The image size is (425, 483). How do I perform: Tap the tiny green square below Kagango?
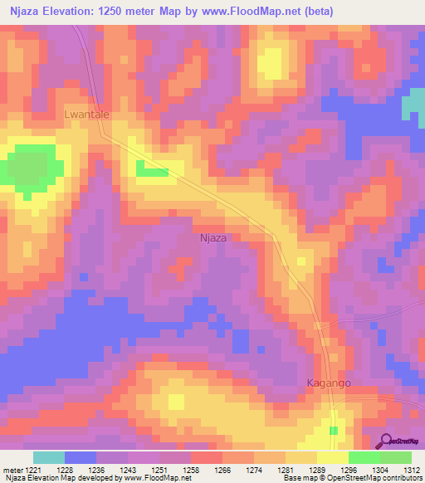click(334, 430)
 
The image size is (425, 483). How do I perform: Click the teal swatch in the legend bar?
click(48, 457)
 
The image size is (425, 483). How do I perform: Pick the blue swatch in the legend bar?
click(80, 457)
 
